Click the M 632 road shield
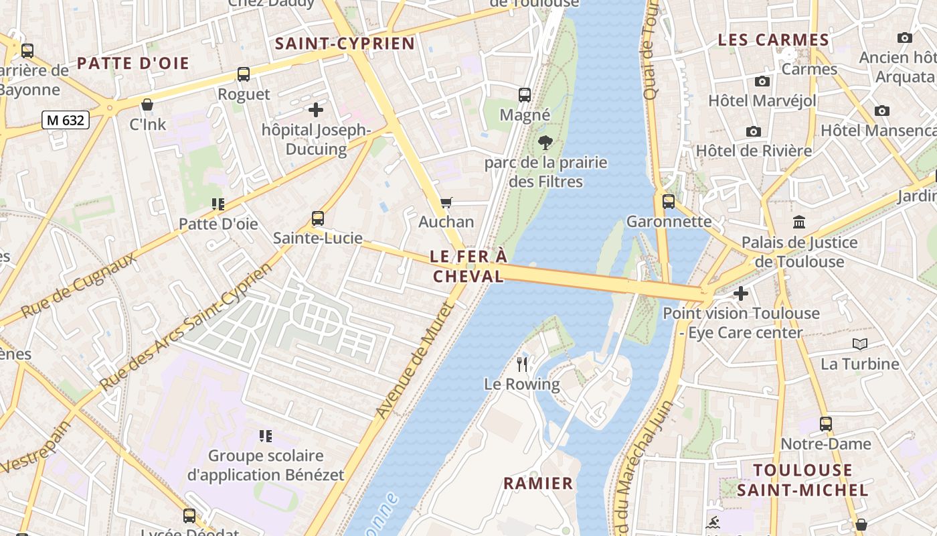[x=66, y=120]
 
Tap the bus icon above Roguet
[x=244, y=74]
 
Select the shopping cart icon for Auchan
[x=446, y=202]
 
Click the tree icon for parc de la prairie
[x=545, y=142]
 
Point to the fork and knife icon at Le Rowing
[x=522, y=364]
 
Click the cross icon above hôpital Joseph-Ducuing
[x=316, y=110]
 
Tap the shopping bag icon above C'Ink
[x=147, y=105]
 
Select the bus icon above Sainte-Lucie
[x=318, y=218]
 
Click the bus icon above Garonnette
[x=668, y=202]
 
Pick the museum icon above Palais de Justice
[x=799, y=222]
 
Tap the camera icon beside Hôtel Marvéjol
[x=762, y=82]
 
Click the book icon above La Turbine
[x=859, y=344]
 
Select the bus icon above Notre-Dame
[x=826, y=424]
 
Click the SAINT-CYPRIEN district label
[x=345, y=44]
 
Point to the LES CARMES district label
[x=773, y=40]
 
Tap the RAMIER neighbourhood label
[x=538, y=483]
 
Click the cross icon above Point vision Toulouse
[x=740, y=293]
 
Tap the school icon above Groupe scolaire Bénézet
[x=266, y=436]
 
